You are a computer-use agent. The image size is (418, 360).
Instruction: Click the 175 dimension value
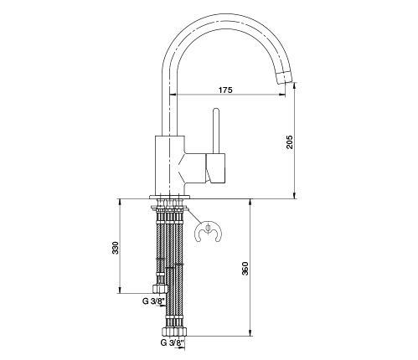pos(225,90)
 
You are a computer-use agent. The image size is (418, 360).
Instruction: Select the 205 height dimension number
pos(290,142)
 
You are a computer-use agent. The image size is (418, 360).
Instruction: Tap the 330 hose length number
pos(116,248)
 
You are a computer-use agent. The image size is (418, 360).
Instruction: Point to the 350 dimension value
pos(245,268)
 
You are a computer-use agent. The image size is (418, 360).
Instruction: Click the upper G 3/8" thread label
pos(154,301)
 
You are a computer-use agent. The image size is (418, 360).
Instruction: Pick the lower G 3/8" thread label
pos(173,342)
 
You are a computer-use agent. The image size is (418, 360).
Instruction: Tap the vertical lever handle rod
pos(216,131)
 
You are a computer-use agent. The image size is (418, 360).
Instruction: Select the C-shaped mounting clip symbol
pos(208,231)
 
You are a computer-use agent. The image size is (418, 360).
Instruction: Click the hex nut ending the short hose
pos(160,289)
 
